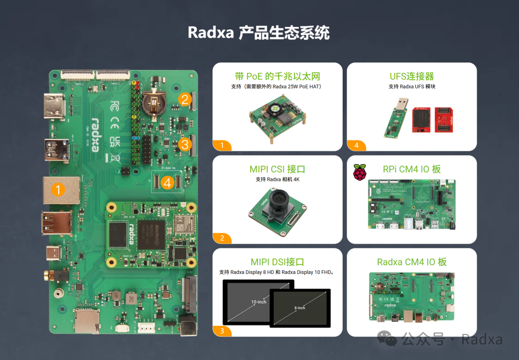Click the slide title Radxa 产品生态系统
pyautogui.click(x=259, y=33)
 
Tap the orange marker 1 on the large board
pyautogui.click(x=58, y=189)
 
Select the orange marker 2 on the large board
pyautogui.click(x=185, y=99)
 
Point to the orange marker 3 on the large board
pyautogui.click(x=185, y=144)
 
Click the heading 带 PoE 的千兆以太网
pyautogui.click(x=277, y=76)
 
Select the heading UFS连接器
pyautogui.click(x=412, y=76)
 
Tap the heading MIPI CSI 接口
pyautogui.click(x=277, y=169)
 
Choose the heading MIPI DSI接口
pyautogui.click(x=277, y=262)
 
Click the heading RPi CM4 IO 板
pyautogui.click(x=412, y=169)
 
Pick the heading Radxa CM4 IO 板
pyautogui.click(x=412, y=262)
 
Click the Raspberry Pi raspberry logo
pyautogui.click(x=360, y=172)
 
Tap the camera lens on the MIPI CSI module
pyautogui.click(x=278, y=202)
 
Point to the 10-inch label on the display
pyautogui.click(x=259, y=302)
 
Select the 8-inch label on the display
pyautogui.click(x=300, y=308)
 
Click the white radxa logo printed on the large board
pyautogui.click(x=95, y=135)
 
